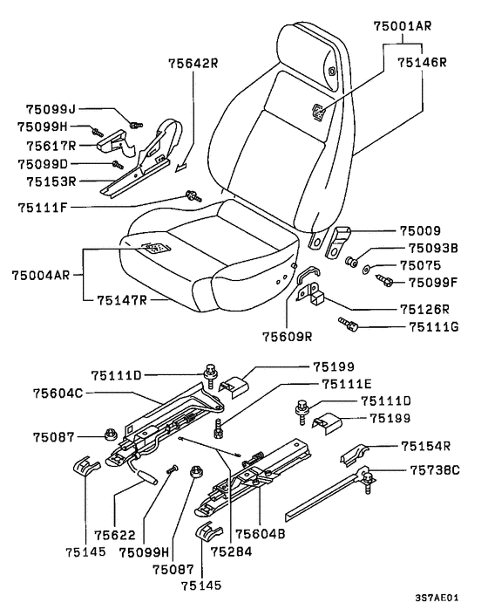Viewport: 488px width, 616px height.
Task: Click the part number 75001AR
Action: click(x=402, y=26)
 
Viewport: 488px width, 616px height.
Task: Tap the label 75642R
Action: click(x=193, y=63)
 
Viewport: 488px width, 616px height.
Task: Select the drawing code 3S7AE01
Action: click(x=437, y=598)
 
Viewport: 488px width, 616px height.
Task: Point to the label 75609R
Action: click(x=288, y=337)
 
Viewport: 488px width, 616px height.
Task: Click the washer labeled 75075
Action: click(x=366, y=270)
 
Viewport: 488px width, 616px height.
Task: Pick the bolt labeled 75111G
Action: click(x=349, y=325)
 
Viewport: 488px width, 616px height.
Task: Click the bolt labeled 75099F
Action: click(x=384, y=280)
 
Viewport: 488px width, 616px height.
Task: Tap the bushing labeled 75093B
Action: click(x=350, y=261)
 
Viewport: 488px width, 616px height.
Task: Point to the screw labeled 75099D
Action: click(x=118, y=165)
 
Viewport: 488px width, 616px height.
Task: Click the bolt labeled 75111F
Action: click(x=193, y=195)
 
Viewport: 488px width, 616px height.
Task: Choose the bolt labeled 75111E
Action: click(x=218, y=429)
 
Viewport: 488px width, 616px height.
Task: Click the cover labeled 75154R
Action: click(x=354, y=455)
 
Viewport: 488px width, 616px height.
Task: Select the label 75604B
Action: click(x=260, y=534)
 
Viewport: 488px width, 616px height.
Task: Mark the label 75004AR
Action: click(x=41, y=275)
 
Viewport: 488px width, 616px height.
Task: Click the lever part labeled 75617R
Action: click(x=115, y=143)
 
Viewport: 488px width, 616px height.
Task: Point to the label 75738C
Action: click(x=435, y=470)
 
